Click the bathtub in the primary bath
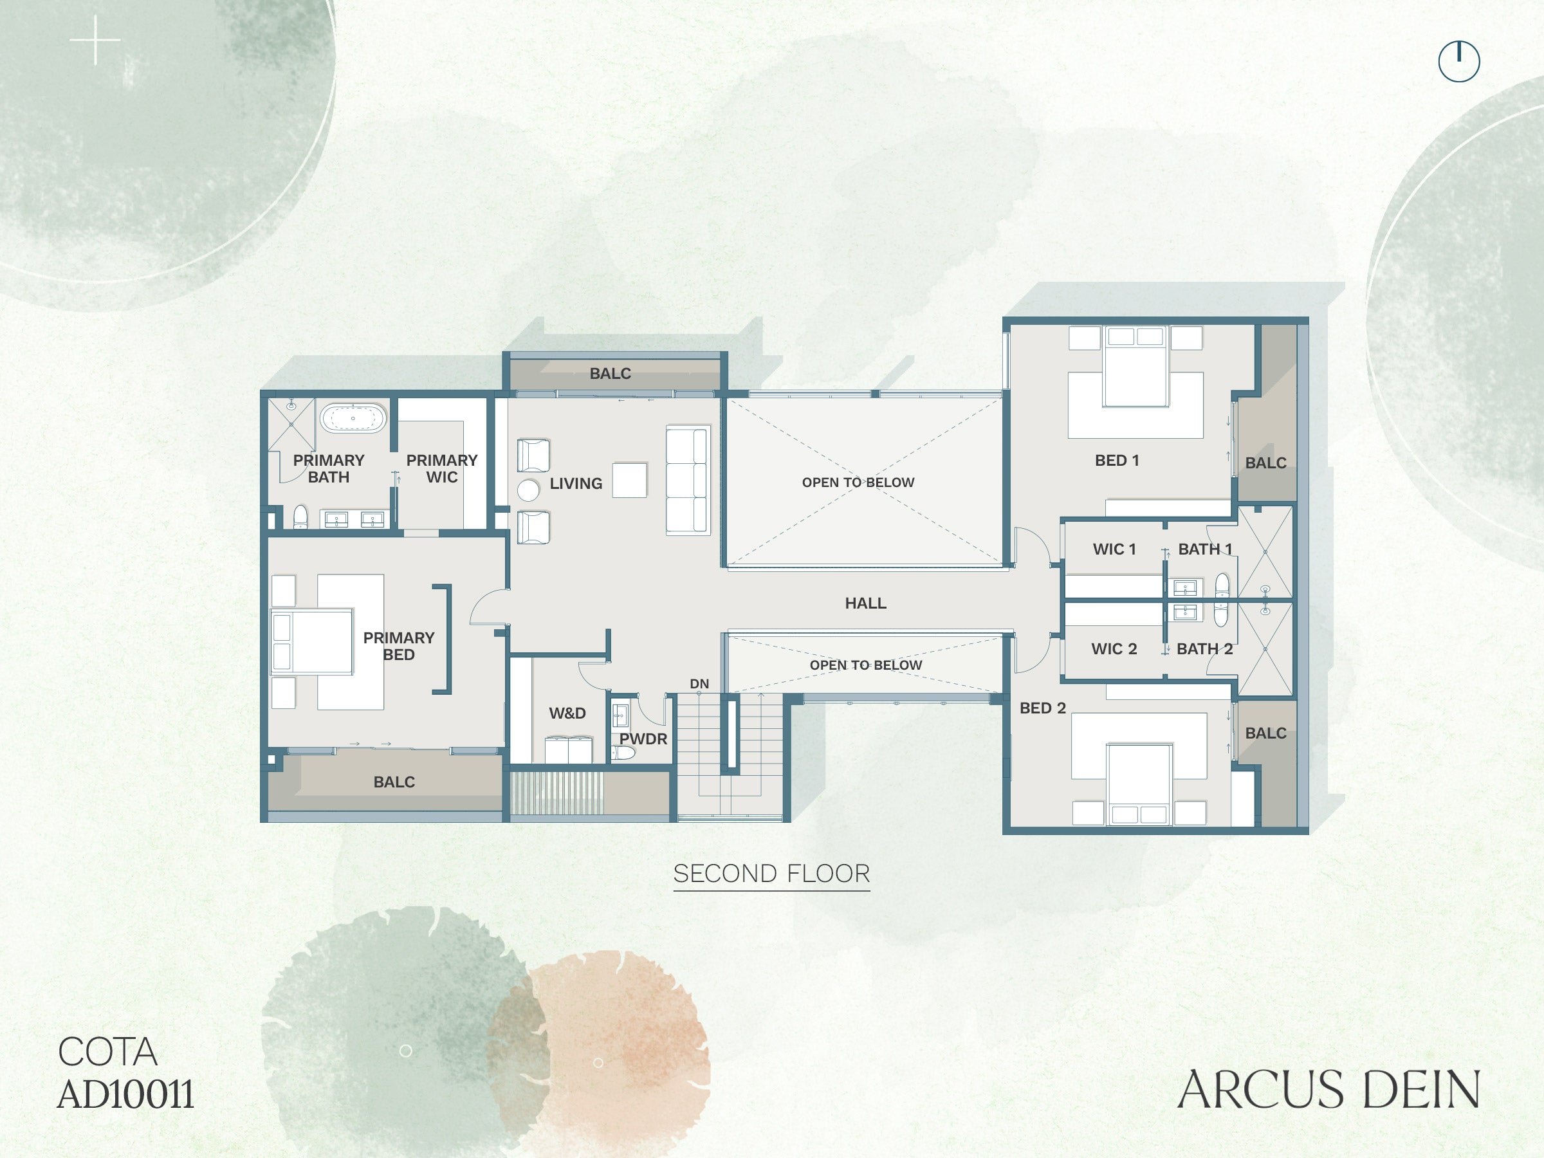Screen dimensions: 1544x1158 pos(353,418)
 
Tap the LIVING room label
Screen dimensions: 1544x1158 pos(576,483)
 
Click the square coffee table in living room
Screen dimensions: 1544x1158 pos(630,480)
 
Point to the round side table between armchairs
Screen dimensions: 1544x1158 pos(528,490)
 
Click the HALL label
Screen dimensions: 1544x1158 pos(865,603)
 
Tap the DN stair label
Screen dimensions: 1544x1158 pos(699,683)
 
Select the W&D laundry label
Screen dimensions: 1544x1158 pos(567,713)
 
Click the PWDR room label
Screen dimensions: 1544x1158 pos(643,739)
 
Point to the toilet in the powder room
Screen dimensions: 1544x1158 pos(623,753)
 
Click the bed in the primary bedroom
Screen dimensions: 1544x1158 pos(311,642)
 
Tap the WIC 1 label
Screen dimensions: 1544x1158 pos(1114,549)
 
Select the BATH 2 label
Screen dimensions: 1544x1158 pos(1205,648)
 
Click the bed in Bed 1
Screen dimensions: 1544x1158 pos(1135,367)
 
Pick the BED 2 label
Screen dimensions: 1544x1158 pos(1043,708)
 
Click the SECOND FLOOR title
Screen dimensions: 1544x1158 pos(771,873)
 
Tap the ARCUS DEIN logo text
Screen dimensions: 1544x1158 pos(1329,1090)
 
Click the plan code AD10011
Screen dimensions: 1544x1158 pos(125,1094)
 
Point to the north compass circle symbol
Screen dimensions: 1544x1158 pos(1459,61)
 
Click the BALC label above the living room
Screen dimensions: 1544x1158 pos(610,373)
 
